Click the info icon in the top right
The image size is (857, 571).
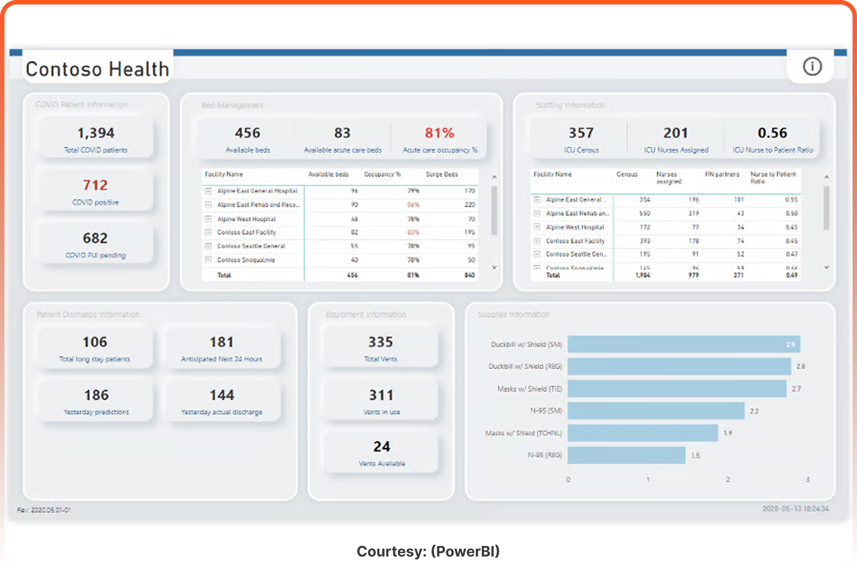pyautogui.click(x=812, y=67)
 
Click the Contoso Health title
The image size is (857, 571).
pyautogui.click(x=98, y=69)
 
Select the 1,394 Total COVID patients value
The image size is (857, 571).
pyautogui.click(x=95, y=133)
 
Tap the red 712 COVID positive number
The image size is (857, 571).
pyautogui.click(x=95, y=185)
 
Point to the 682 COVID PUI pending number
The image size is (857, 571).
pyautogui.click(x=95, y=238)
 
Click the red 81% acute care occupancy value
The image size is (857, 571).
pyautogui.click(x=440, y=133)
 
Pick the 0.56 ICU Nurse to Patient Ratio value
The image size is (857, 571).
pyautogui.click(x=772, y=133)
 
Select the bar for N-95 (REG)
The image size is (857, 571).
pyautogui.click(x=626, y=455)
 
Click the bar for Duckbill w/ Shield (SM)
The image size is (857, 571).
pyautogui.click(x=683, y=344)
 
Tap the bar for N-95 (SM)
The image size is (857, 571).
pyautogui.click(x=656, y=411)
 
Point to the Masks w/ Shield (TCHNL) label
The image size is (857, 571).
pyautogui.click(x=523, y=433)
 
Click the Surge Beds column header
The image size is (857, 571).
pyautogui.click(x=441, y=175)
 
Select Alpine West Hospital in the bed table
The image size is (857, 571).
pyautogui.click(x=246, y=219)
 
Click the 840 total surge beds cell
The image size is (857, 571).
pyautogui.click(x=469, y=275)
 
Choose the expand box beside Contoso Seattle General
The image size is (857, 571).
pyautogui.click(x=208, y=246)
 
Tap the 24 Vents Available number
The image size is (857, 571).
pyautogui.click(x=382, y=447)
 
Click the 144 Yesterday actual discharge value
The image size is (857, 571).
pyautogui.click(x=222, y=395)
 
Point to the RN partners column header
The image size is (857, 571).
pyautogui.click(x=722, y=175)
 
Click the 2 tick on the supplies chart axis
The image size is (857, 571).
pyautogui.click(x=728, y=480)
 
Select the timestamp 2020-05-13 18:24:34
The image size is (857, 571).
pyautogui.click(x=795, y=509)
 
